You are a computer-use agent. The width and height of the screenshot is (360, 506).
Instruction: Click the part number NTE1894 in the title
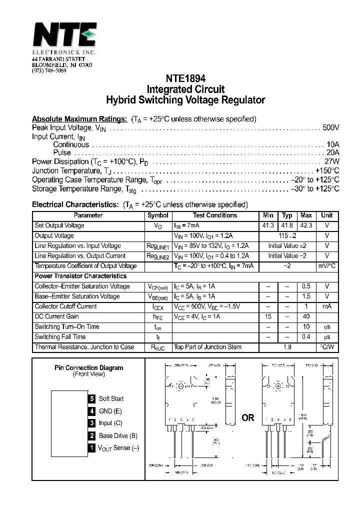click(185, 79)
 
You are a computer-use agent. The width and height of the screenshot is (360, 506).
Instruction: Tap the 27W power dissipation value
click(332, 162)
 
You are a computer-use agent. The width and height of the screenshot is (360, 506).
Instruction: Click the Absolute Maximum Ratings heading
click(79, 119)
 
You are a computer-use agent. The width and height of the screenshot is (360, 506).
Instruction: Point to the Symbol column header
click(157, 215)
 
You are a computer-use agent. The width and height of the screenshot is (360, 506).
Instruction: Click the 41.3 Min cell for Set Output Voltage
click(268, 225)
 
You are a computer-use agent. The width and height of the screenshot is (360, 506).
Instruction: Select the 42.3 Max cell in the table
click(306, 225)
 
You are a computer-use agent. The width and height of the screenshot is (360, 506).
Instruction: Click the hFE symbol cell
click(157, 317)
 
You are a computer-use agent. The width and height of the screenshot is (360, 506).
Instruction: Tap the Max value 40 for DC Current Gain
click(306, 316)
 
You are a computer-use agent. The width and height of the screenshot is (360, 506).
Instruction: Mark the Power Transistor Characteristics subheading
click(80, 276)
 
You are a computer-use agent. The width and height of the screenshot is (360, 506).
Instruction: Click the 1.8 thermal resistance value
click(287, 347)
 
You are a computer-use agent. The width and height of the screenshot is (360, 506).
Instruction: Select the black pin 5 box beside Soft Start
click(91, 398)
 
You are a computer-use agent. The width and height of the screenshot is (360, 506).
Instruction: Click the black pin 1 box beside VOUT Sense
click(91, 448)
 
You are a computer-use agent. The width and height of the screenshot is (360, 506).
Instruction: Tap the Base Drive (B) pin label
click(118, 435)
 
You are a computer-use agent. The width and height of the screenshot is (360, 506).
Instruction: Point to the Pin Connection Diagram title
click(88, 367)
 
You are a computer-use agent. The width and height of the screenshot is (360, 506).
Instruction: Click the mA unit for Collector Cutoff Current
click(326, 306)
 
